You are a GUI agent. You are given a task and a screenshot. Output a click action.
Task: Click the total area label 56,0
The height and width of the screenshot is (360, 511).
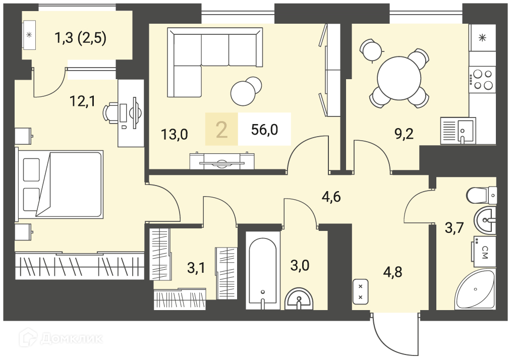coord(264,130)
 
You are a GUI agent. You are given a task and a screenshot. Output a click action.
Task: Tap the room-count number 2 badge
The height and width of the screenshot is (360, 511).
coord(221,130)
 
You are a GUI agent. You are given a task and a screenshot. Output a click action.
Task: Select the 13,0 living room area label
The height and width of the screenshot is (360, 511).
coord(175,134)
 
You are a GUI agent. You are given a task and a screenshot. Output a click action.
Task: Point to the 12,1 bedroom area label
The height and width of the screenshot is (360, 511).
coord(82,101)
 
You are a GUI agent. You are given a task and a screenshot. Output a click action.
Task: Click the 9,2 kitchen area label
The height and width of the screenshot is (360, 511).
coord(404,134)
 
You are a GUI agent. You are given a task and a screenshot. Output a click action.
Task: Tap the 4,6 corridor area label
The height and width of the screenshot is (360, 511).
coord(331,197)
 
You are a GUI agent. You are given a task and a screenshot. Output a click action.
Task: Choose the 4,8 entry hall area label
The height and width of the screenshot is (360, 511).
coord(392,271)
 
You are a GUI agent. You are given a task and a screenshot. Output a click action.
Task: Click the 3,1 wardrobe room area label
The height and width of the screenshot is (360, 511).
coord(196,268)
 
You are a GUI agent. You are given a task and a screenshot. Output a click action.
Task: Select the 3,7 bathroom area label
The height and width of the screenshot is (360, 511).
coord(455,228)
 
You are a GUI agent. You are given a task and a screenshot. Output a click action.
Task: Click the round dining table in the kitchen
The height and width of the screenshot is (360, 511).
coord(399,78)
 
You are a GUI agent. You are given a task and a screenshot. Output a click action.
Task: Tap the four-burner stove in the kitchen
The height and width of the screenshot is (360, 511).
coord(482,80)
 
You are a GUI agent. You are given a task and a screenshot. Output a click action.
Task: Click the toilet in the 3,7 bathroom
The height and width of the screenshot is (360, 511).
coord(482,196)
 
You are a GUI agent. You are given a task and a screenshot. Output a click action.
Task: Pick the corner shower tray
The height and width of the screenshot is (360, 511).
coord(476,289)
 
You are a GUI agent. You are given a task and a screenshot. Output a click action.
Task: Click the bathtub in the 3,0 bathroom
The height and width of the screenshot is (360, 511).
coord(263,270)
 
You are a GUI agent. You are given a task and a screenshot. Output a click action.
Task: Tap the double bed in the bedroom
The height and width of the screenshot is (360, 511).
coord(60,184)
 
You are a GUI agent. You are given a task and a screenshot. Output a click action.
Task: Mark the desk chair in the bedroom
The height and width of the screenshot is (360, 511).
coord(111,112)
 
